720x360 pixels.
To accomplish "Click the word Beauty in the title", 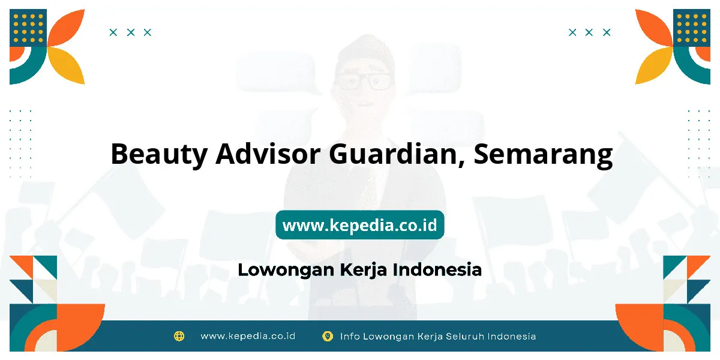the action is tap(159, 154).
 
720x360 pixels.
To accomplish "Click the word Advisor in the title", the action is tap(268, 154).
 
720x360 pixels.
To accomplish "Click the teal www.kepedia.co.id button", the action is tap(359, 224).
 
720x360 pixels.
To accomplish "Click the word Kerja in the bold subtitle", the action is tap(363, 270).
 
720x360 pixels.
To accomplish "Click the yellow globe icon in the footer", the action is tap(179, 336).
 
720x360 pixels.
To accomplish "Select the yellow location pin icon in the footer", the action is tap(328, 336).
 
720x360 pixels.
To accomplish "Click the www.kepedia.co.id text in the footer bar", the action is tap(248, 336).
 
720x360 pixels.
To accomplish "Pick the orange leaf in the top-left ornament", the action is tap(66, 27).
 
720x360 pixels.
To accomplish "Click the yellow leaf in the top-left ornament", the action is tap(66, 65).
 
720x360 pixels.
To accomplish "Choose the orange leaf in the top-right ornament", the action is tap(654, 27).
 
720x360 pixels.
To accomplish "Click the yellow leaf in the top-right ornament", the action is tap(654, 65).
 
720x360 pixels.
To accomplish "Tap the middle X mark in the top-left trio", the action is tap(131, 32).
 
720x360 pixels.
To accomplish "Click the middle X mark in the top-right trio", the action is tap(589, 32).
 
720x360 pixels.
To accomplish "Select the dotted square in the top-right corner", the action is tap(692, 28).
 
